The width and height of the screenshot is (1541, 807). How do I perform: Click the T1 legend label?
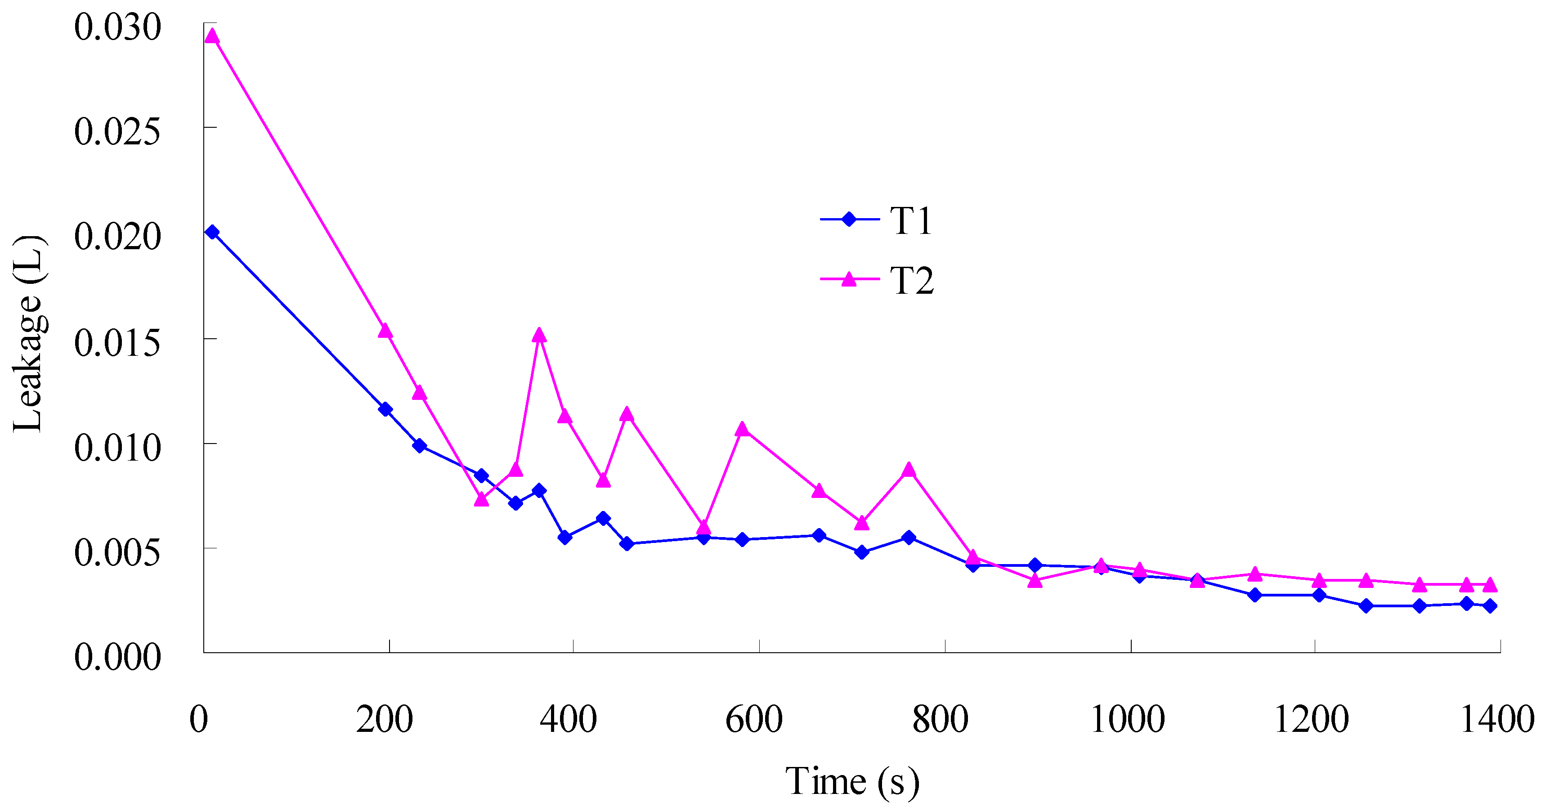pyautogui.click(x=910, y=221)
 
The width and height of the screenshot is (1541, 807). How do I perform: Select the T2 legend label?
pyautogui.click(x=912, y=281)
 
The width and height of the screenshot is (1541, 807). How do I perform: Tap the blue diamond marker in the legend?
pyautogui.click(x=848, y=220)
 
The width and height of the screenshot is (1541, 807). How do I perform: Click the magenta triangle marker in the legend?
pyautogui.click(x=848, y=279)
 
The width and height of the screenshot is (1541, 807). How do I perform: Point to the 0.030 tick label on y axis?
pyautogui.click(x=117, y=27)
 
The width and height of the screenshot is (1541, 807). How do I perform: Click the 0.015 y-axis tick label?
pyautogui.click(x=117, y=343)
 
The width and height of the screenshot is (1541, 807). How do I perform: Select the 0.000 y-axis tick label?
pyautogui.click(x=117, y=656)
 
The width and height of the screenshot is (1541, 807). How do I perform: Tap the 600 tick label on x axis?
pyautogui.click(x=754, y=719)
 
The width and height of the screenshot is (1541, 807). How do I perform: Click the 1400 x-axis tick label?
pyautogui.click(x=1497, y=719)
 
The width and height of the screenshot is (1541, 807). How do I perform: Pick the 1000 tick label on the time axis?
pyautogui.click(x=1128, y=719)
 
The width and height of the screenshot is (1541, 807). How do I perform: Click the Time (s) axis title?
pyautogui.click(x=852, y=781)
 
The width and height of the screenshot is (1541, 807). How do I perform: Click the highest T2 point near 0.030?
pyautogui.click(x=212, y=36)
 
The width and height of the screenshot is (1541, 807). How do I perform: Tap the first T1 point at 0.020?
pyautogui.click(x=212, y=232)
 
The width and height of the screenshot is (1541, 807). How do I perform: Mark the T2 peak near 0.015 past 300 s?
pyautogui.click(x=539, y=335)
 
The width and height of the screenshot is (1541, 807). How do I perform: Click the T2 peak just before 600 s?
pyautogui.click(x=742, y=429)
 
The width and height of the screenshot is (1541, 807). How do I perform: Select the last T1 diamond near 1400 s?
pyautogui.click(x=1490, y=606)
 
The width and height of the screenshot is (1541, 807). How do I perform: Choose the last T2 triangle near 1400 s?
pyautogui.click(x=1490, y=584)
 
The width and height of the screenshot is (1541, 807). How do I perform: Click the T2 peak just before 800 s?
pyautogui.click(x=908, y=470)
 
